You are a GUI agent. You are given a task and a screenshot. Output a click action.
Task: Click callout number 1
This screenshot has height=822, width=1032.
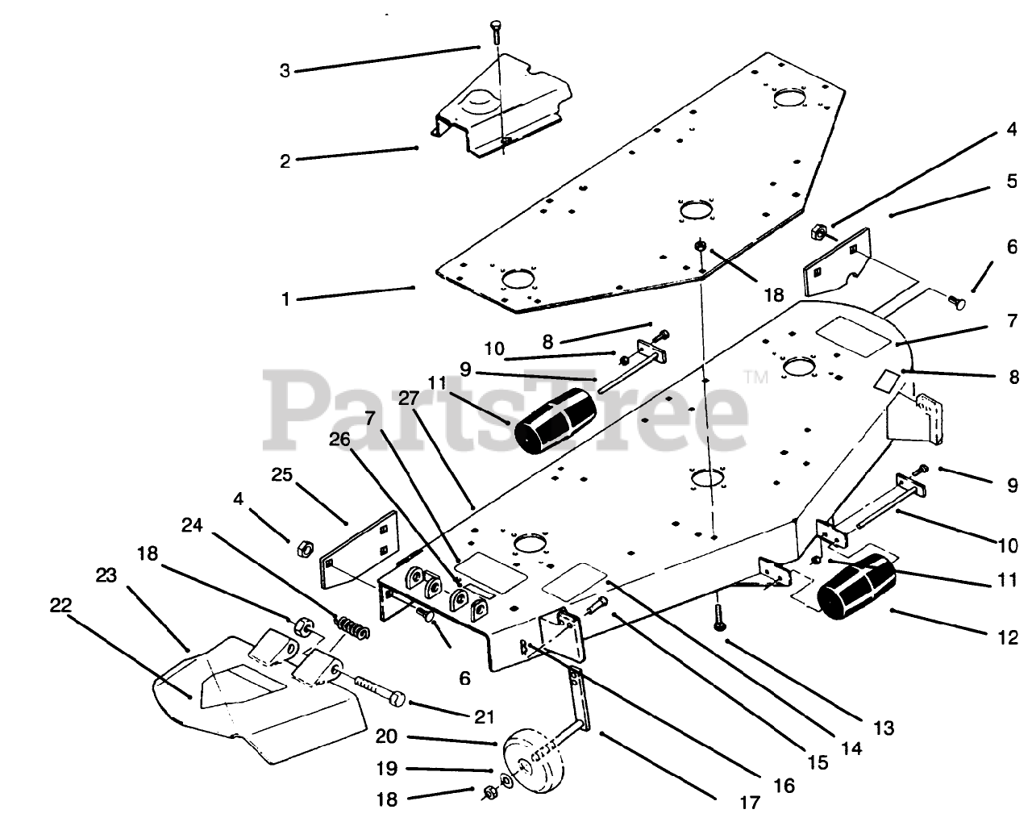(x=285, y=298)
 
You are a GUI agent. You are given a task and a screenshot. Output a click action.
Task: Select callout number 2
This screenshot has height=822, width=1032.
(x=285, y=161)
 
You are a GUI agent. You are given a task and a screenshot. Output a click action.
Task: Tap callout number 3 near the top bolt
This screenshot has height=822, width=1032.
(x=285, y=70)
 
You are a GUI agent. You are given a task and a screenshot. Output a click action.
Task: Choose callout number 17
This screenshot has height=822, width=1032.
(x=749, y=803)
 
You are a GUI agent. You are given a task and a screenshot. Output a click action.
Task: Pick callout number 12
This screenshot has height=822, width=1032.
(x=1008, y=638)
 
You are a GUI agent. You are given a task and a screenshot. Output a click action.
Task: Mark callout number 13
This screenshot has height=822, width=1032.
(x=883, y=728)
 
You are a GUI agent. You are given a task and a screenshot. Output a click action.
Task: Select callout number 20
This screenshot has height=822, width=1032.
(x=386, y=737)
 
